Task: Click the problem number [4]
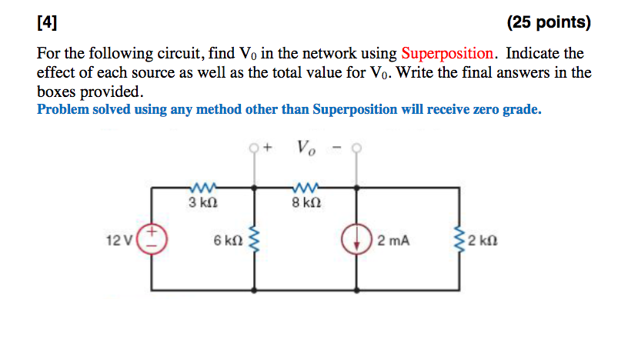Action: tap(47, 22)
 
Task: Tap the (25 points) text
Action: tap(549, 22)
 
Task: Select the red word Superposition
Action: tap(447, 54)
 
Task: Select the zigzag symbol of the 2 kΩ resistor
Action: tap(461, 240)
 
